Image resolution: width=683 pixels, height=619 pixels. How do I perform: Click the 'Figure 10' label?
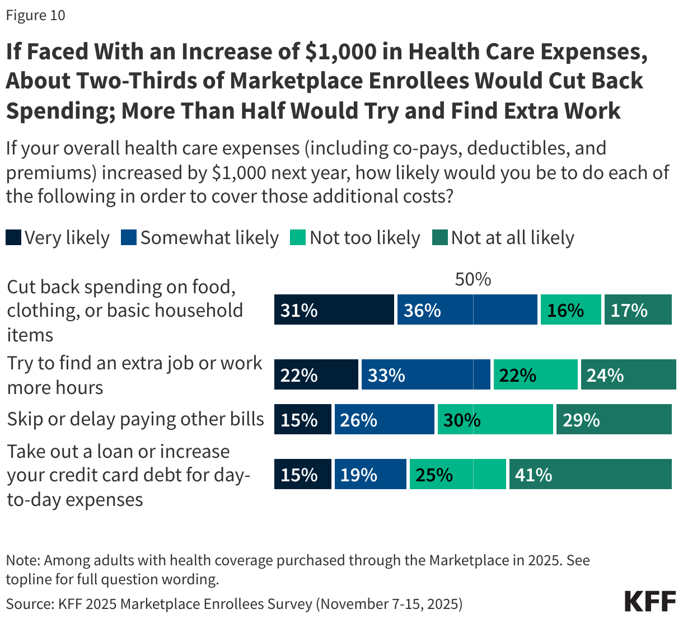click(35, 15)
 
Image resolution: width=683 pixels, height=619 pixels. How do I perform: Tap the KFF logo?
click(650, 601)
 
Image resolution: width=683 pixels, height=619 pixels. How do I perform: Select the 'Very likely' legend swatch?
click(13, 238)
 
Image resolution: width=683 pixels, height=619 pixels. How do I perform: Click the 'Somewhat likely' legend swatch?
click(129, 238)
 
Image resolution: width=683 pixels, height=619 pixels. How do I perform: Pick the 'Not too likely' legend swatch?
click(298, 238)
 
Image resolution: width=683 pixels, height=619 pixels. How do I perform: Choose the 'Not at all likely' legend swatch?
click(440, 238)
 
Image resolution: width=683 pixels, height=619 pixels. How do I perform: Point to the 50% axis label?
click(473, 279)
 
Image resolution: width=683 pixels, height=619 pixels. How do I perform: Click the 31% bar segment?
click(334, 310)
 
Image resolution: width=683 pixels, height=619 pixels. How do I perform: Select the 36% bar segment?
click(467, 310)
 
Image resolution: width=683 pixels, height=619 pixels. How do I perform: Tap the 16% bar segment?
click(570, 310)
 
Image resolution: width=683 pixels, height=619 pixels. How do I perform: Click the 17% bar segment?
click(638, 310)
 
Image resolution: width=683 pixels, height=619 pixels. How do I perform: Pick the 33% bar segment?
click(425, 375)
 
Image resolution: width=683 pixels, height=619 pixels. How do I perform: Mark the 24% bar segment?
click(628, 375)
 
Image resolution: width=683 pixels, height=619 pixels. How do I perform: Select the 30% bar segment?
click(495, 420)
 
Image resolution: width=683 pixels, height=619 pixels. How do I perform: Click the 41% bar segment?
click(590, 475)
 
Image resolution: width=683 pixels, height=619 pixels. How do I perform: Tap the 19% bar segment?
click(370, 475)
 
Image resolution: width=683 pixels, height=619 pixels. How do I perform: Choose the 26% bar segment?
click(384, 420)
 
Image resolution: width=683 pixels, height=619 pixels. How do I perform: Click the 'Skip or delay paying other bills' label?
click(135, 419)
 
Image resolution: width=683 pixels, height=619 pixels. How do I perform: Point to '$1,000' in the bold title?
click(340, 51)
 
